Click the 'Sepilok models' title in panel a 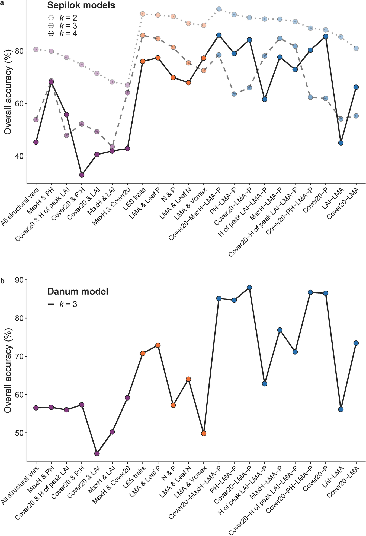[81, 5]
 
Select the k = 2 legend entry [62, 18]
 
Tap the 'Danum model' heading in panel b [78, 291]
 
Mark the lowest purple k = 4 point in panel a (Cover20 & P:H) [82, 175]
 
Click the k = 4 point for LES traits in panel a [143, 61]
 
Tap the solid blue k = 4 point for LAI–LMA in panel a [341, 143]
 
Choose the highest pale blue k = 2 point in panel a [219, 9]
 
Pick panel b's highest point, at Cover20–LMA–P [249, 288]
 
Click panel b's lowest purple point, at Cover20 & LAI [97, 453]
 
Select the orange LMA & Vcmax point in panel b [204, 433]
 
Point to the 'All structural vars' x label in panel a [20, 206]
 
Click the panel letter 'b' [2, 281]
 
